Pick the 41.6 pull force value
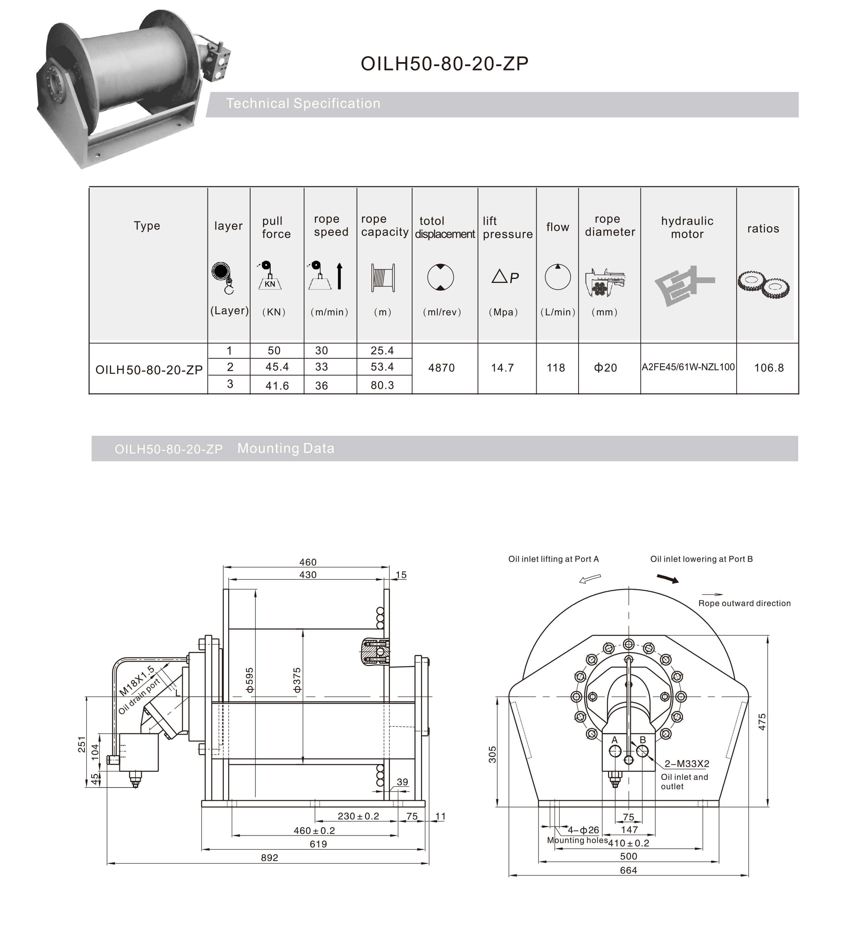[x=277, y=385]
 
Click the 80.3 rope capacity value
[x=382, y=385]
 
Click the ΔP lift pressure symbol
[x=505, y=277]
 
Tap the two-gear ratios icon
[x=763, y=285]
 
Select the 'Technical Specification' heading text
[x=303, y=103]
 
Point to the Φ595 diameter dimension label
[x=249, y=680]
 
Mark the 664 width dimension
[x=628, y=870]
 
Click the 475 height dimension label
[x=762, y=722]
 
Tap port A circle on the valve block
[x=615, y=751]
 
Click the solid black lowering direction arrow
[x=668, y=579]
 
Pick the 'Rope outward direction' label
[x=744, y=603]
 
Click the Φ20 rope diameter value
[x=605, y=368]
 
